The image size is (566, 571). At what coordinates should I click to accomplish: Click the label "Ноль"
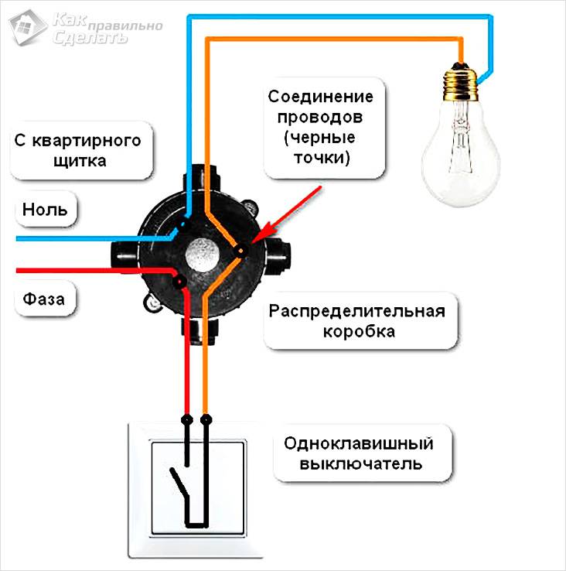click(45, 209)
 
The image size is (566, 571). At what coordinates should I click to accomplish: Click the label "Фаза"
click(44, 297)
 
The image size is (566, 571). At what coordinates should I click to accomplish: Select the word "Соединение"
click(321, 98)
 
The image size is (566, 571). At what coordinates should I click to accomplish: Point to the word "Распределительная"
click(357, 311)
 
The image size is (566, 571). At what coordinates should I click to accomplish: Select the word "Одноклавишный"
click(358, 444)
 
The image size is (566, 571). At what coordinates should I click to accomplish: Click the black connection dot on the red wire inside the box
click(179, 282)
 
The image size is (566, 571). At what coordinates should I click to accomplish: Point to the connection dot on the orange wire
click(241, 250)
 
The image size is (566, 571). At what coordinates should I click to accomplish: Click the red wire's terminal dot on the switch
click(186, 419)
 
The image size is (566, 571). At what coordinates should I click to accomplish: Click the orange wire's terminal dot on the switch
click(206, 419)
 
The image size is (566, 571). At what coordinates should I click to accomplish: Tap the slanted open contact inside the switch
click(179, 484)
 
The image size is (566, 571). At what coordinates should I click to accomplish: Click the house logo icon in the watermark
click(24, 27)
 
